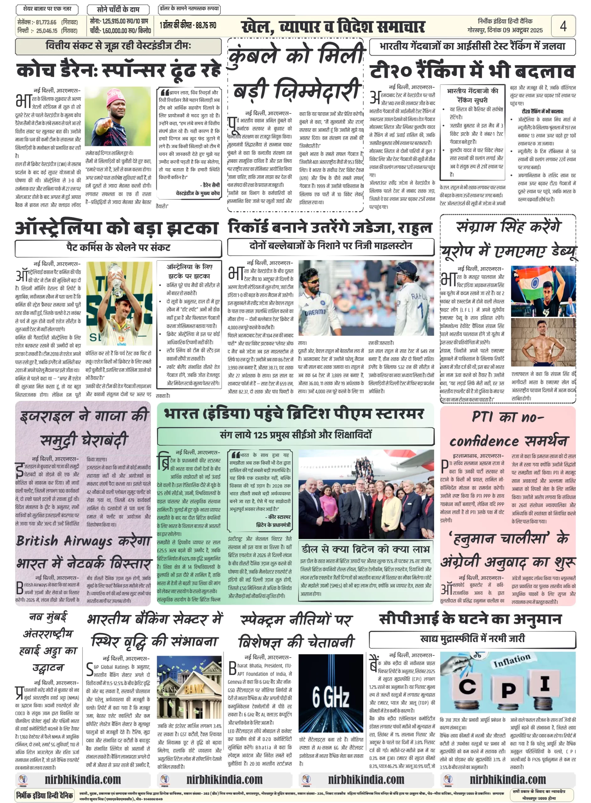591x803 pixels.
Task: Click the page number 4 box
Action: click(x=563, y=26)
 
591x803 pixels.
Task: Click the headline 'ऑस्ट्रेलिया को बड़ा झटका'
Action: click(x=117, y=228)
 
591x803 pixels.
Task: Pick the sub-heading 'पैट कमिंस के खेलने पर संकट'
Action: click(x=118, y=247)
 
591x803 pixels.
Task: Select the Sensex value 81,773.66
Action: click(x=46, y=22)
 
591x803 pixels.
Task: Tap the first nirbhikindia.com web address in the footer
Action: click(x=83, y=779)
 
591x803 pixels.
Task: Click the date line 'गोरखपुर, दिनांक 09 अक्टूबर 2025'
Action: click(x=505, y=30)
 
